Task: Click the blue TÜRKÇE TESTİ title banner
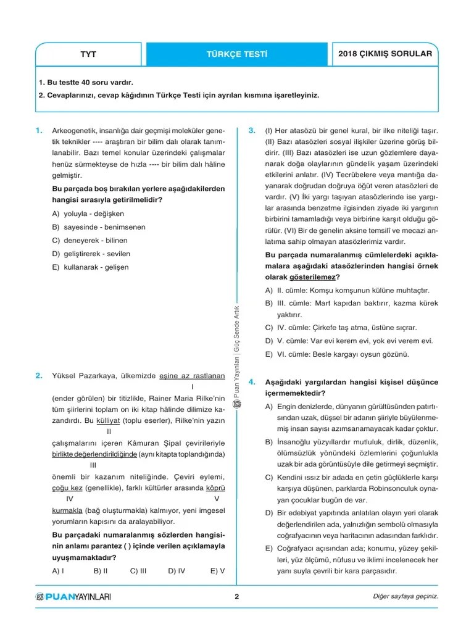coord(237,54)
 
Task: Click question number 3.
coord(252,130)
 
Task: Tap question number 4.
coord(252,383)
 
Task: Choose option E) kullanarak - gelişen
coord(91,267)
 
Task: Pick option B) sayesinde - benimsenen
coord(99,227)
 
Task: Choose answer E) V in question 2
coord(217,571)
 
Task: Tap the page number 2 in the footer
coord(236,596)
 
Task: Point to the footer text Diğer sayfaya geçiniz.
coord(405,596)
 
